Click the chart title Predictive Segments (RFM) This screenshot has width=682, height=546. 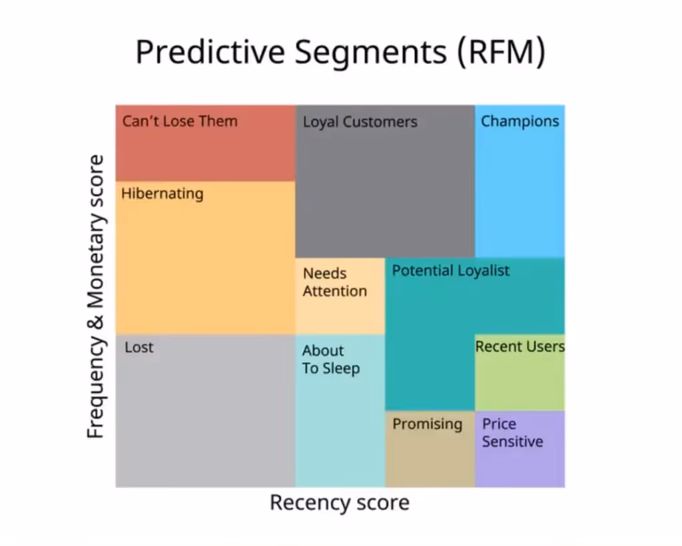[340, 51]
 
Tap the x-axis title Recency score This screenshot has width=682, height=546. [339, 502]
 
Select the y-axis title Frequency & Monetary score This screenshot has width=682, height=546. [97, 296]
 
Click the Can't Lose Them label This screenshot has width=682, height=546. [179, 121]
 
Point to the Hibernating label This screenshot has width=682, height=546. [162, 194]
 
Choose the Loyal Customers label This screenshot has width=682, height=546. [360, 122]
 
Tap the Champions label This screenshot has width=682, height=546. [519, 121]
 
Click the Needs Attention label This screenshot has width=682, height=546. [334, 282]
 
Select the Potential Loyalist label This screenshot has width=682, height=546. [450, 270]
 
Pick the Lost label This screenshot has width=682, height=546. [139, 347]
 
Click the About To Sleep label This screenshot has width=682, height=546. [330, 360]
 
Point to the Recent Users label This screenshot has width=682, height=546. [519, 346]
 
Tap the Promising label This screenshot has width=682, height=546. [427, 424]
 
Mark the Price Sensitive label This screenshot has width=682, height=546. [512, 433]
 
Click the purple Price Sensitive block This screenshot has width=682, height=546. [519, 466]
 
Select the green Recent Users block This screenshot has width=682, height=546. [519, 383]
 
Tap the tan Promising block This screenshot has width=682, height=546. [430, 459]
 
